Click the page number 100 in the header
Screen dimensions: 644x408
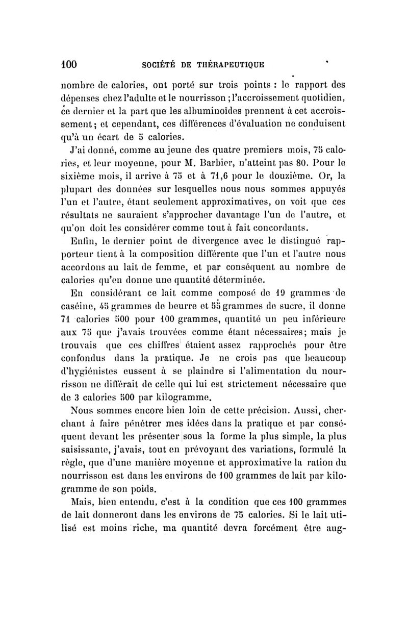point(66,65)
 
